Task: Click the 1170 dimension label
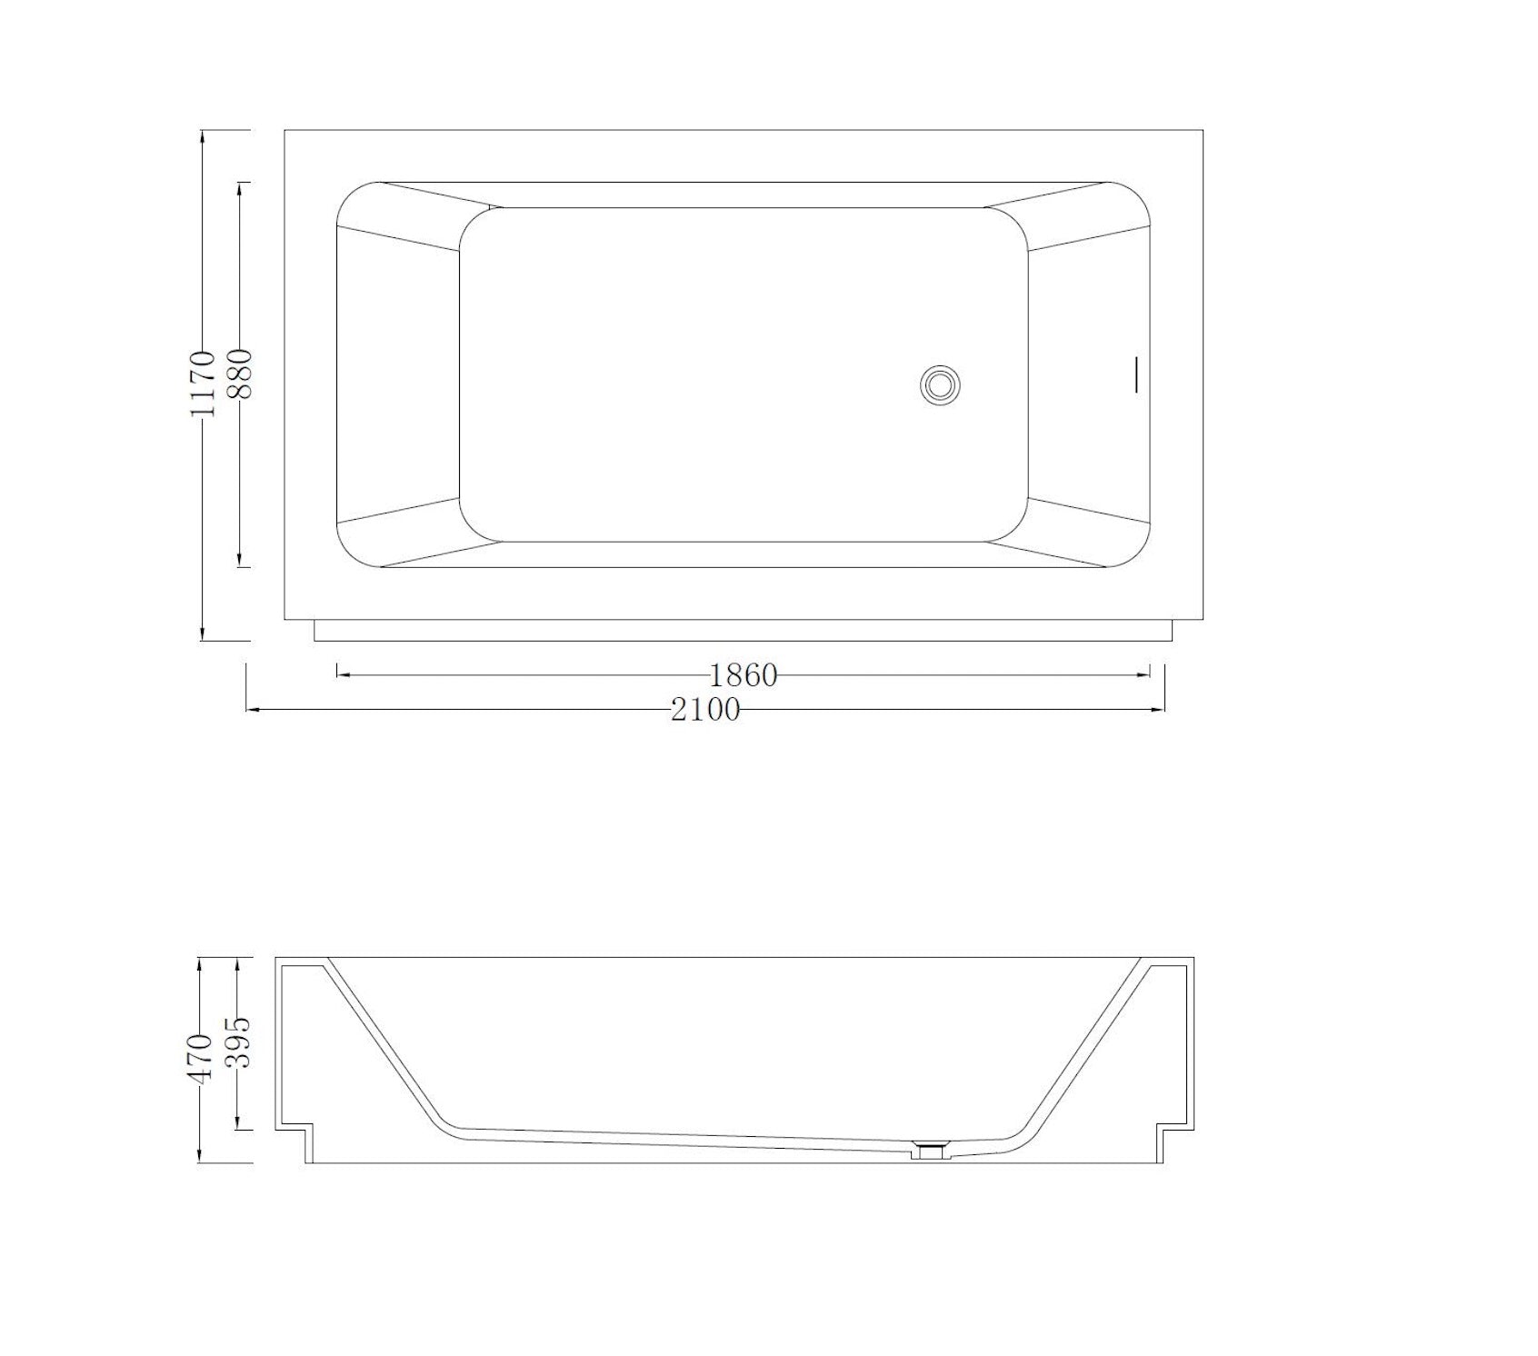coord(204,384)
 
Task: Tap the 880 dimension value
coord(240,374)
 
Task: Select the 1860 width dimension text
coord(744,675)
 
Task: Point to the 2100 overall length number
coord(705,709)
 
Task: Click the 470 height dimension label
coord(201,1056)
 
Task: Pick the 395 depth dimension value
coord(237,1043)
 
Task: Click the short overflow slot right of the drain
coord(1135,374)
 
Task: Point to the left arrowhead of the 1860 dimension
coord(342,674)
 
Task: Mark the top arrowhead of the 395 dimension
coord(237,962)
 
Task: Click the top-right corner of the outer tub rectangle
coord(1203,131)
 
